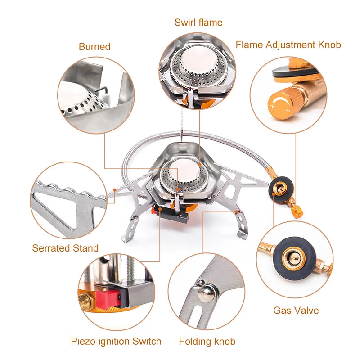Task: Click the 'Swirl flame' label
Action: [198, 22]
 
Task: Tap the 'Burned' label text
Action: [94, 46]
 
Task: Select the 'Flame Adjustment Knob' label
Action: [288, 45]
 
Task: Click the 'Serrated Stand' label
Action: [65, 248]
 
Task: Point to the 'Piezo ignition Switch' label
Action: [116, 341]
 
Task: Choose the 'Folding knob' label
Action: [207, 341]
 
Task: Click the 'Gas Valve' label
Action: [296, 310]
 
